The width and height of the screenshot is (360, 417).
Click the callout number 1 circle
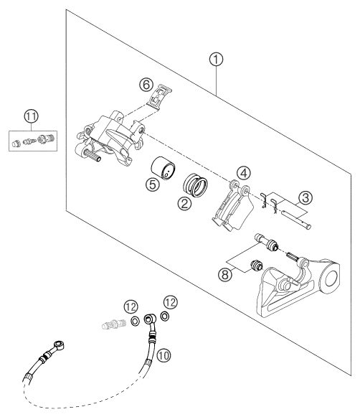point(216,60)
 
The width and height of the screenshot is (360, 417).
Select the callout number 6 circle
point(146,85)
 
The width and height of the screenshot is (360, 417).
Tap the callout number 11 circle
point(32,116)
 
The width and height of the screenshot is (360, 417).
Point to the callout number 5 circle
point(153,184)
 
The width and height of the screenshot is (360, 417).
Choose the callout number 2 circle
point(184,203)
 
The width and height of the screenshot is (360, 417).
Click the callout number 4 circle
point(244,173)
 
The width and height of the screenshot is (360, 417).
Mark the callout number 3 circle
point(305,198)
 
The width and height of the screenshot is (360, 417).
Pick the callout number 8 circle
point(225,274)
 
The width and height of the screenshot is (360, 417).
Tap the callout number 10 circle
point(164,355)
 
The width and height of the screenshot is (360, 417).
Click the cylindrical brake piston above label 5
point(163,168)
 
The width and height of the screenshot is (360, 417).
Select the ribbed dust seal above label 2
point(195,185)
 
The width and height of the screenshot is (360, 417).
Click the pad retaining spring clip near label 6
point(159,97)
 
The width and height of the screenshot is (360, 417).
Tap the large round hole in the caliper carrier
point(331,278)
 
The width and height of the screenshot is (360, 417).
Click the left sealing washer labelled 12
point(135,322)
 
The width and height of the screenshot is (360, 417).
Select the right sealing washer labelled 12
point(165,317)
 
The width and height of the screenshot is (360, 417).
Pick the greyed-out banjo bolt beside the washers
point(114,324)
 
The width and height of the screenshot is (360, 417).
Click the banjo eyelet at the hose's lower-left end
point(59,345)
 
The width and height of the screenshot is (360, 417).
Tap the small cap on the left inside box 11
point(16,144)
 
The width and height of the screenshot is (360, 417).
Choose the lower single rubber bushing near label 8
point(257,266)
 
